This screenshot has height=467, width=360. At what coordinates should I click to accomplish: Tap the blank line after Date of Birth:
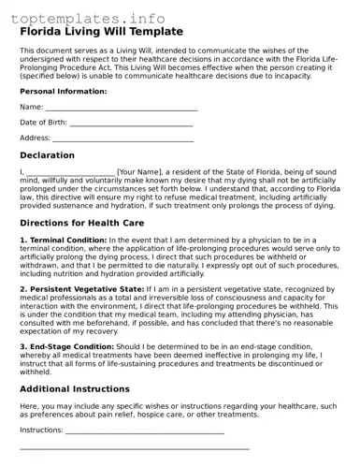coord(131,124)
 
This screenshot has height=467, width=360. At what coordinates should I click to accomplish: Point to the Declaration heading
coord(61,154)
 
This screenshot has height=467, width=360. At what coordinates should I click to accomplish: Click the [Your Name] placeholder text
coord(140,172)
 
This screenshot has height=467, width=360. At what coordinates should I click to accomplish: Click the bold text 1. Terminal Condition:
coord(62,241)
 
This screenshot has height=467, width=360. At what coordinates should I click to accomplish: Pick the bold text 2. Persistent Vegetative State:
coord(80,290)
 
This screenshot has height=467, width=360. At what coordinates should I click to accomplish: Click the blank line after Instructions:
coord(145,432)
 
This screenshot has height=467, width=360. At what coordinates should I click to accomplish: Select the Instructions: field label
coord(42,430)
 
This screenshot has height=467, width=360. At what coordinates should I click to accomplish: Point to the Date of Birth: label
coord(43,123)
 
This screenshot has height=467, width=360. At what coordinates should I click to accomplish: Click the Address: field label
coord(36,138)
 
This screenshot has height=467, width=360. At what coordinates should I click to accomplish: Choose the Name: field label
coord(32,108)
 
